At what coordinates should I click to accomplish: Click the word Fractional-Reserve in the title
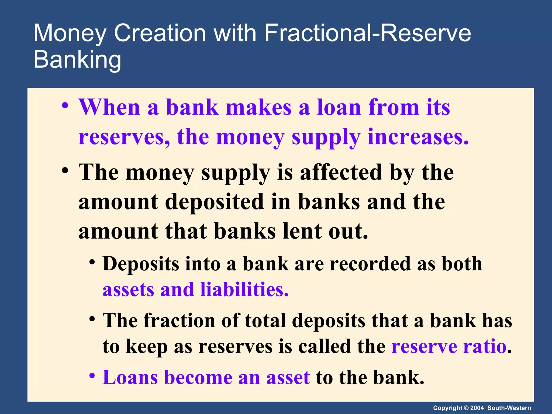[368, 33]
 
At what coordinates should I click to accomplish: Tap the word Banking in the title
[77, 60]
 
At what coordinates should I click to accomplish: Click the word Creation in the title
[160, 33]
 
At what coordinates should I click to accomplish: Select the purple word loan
[339, 108]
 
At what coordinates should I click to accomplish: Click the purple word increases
[418, 137]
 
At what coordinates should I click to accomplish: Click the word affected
[341, 172]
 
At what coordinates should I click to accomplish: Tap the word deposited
[214, 202]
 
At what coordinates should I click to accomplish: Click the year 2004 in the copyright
[477, 408]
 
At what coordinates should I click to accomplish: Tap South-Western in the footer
[509, 408]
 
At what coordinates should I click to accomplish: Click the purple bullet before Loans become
[92, 375]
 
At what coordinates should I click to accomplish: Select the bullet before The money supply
[65, 171]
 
